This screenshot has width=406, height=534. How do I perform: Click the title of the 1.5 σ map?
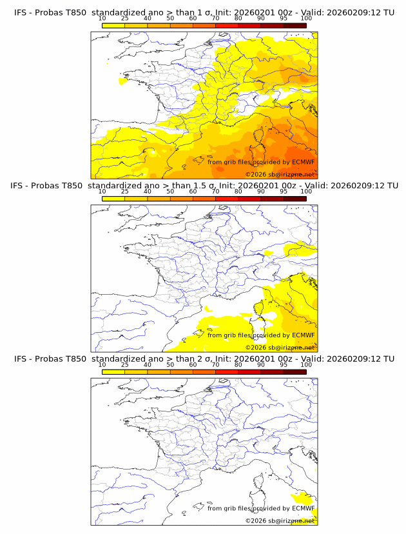[x=204, y=186]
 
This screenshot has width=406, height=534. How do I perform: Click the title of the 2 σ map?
[x=204, y=359]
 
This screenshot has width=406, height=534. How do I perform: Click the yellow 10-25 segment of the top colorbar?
[x=113, y=25]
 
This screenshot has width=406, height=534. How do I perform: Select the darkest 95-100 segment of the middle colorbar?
[x=295, y=199]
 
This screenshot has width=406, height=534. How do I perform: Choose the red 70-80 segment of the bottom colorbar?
[x=227, y=372]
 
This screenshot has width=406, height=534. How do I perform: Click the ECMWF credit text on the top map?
[x=261, y=163]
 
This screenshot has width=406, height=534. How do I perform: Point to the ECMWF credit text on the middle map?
[x=261, y=335]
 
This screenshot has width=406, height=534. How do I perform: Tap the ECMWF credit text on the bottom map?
[x=261, y=508]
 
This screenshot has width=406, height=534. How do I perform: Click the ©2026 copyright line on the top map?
[x=280, y=174]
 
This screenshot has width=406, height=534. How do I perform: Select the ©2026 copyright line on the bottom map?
[x=280, y=520]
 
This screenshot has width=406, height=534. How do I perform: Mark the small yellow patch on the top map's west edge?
[x=122, y=82]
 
